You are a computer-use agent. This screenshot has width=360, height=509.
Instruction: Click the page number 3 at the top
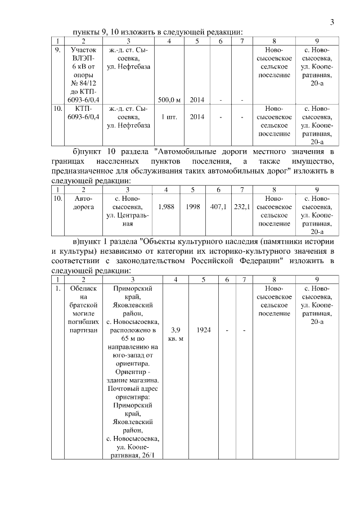pyautogui.click(x=332, y=22)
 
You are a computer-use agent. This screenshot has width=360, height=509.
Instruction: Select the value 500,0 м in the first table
pyautogui.click(x=169, y=100)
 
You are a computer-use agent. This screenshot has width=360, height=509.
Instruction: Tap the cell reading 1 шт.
pyautogui.click(x=169, y=117)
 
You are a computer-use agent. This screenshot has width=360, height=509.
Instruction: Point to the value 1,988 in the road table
pyautogui.click(x=166, y=207)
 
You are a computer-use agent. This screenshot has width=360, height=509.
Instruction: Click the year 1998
pyautogui.click(x=192, y=207)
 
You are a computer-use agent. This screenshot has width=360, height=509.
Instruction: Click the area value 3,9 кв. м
pyautogui.click(x=177, y=334)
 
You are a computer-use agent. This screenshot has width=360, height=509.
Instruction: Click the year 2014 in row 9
pyautogui.click(x=197, y=100)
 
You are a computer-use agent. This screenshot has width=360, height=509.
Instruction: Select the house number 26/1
pyautogui.click(x=150, y=454)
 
